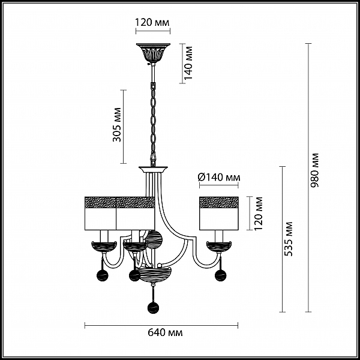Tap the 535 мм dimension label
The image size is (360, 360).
289,239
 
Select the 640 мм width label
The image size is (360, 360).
165,332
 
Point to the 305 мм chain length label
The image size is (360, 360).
117,125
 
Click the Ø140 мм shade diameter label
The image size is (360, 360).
219,177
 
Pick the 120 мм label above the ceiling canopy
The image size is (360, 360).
152,23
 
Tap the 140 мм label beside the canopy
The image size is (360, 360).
188,63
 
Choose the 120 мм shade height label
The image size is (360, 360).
259,213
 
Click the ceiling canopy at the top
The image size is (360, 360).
153,53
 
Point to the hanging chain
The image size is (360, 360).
153,124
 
